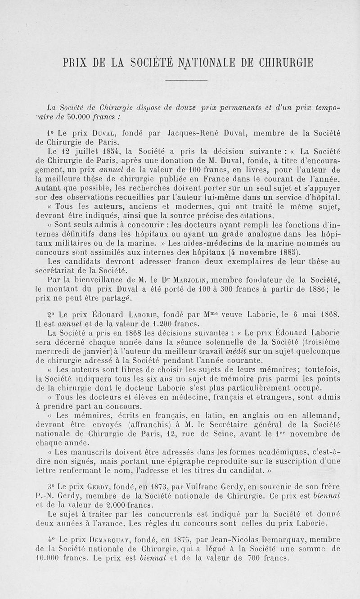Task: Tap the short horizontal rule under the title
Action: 186,80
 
